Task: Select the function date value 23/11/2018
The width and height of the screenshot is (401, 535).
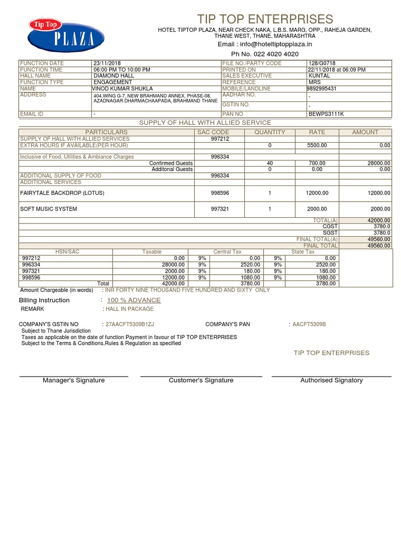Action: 107,63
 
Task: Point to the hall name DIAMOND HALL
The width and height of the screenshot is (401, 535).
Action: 114,76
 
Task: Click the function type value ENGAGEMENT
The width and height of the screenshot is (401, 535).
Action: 113,82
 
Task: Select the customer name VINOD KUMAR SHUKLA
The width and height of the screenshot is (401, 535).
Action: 122,89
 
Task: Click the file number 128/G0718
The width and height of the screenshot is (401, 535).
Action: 322,63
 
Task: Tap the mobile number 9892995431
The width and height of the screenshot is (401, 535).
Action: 322,89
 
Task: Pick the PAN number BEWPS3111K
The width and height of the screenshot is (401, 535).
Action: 326,113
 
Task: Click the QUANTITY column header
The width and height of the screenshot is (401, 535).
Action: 269,132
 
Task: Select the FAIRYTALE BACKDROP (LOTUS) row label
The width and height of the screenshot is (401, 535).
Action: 62,193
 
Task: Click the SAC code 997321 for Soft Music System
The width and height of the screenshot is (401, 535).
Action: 220,209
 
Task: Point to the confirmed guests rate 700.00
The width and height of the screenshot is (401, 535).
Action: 317,163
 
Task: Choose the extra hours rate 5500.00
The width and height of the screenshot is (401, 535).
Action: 317,145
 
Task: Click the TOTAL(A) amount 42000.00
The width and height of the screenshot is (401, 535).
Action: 379,220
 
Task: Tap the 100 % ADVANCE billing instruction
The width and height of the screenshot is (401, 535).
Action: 134,300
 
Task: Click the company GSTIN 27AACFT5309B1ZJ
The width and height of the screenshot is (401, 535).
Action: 129,324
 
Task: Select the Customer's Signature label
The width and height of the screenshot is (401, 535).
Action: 201,380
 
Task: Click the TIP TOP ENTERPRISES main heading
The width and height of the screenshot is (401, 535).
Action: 265,19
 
